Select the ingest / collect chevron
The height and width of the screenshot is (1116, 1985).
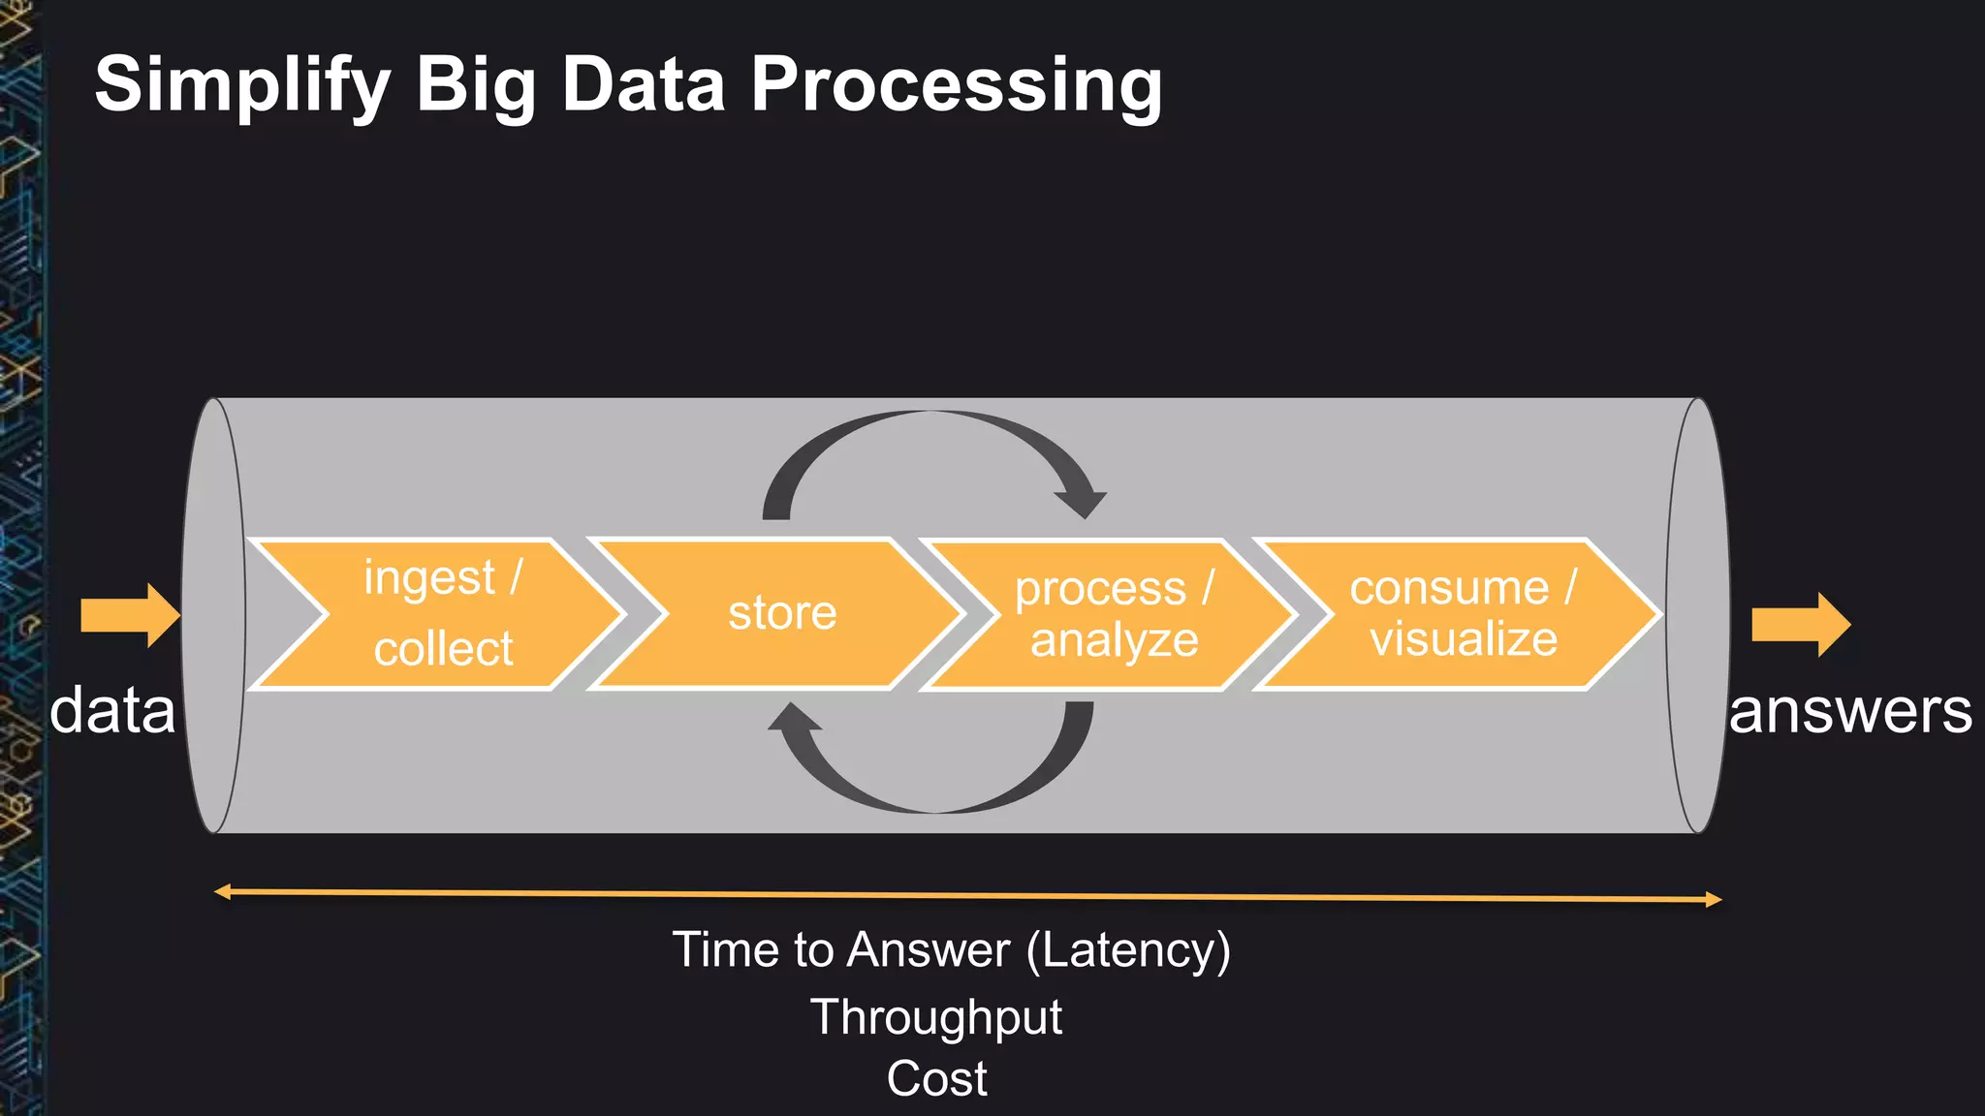[x=441, y=614]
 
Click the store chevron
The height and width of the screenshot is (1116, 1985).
[x=782, y=614]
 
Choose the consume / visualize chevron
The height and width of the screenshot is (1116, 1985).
[x=1462, y=614]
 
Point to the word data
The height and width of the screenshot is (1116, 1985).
[x=112, y=710]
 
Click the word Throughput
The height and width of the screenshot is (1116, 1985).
[x=936, y=1017]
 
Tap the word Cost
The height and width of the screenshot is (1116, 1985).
[x=936, y=1079]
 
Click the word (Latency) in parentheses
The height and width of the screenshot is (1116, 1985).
[x=1128, y=950]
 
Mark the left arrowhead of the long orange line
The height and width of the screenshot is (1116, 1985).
[x=222, y=891]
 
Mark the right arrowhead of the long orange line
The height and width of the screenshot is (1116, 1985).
[x=1713, y=900]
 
